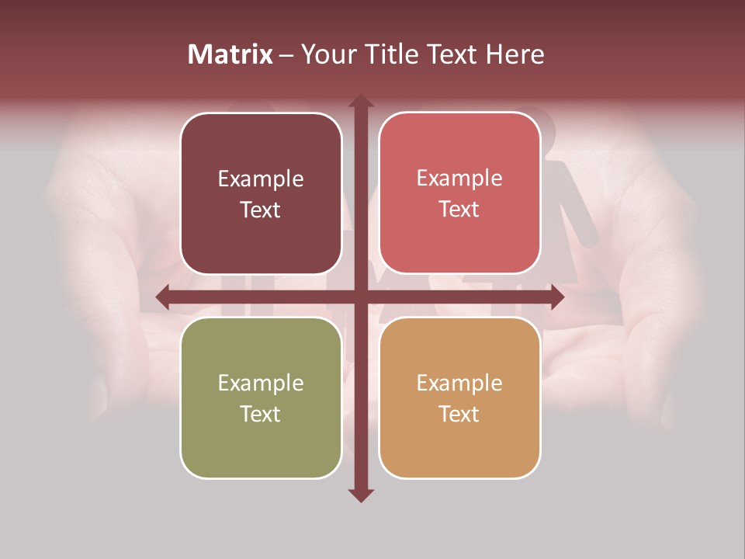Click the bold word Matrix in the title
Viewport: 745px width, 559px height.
coord(230,54)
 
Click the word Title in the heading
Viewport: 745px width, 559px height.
coord(393,54)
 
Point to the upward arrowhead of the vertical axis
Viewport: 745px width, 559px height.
coord(360,102)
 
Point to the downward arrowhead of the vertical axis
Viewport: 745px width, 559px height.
coord(360,495)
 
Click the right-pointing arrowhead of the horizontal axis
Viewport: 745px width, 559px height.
coord(556,297)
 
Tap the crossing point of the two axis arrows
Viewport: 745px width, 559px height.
coord(360,297)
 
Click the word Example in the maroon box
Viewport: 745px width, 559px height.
coord(261,179)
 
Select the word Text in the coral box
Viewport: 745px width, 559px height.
coord(459,210)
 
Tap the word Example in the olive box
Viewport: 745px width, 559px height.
coord(261,384)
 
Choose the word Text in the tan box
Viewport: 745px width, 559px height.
coord(459,415)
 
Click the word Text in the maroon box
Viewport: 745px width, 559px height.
coord(261,210)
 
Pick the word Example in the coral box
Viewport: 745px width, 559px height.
coord(459,179)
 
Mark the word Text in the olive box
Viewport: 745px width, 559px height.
coord(261,415)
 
